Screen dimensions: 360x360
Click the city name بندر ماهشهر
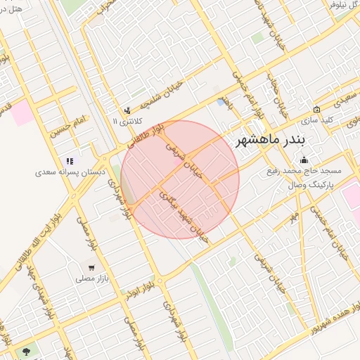(269, 138)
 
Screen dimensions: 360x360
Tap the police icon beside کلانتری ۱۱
(127, 110)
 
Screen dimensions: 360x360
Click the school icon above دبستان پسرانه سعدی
(70, 161)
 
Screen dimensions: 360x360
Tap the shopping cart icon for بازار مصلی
(92, 268)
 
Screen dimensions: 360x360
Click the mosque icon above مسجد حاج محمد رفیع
(304, 160)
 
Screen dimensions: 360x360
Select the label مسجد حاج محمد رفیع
(304, 171)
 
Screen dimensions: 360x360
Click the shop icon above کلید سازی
(316, 110)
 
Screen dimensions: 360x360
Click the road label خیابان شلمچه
(163, 96)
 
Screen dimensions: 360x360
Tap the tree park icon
(27, 350)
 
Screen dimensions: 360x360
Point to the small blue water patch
(221, 103)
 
